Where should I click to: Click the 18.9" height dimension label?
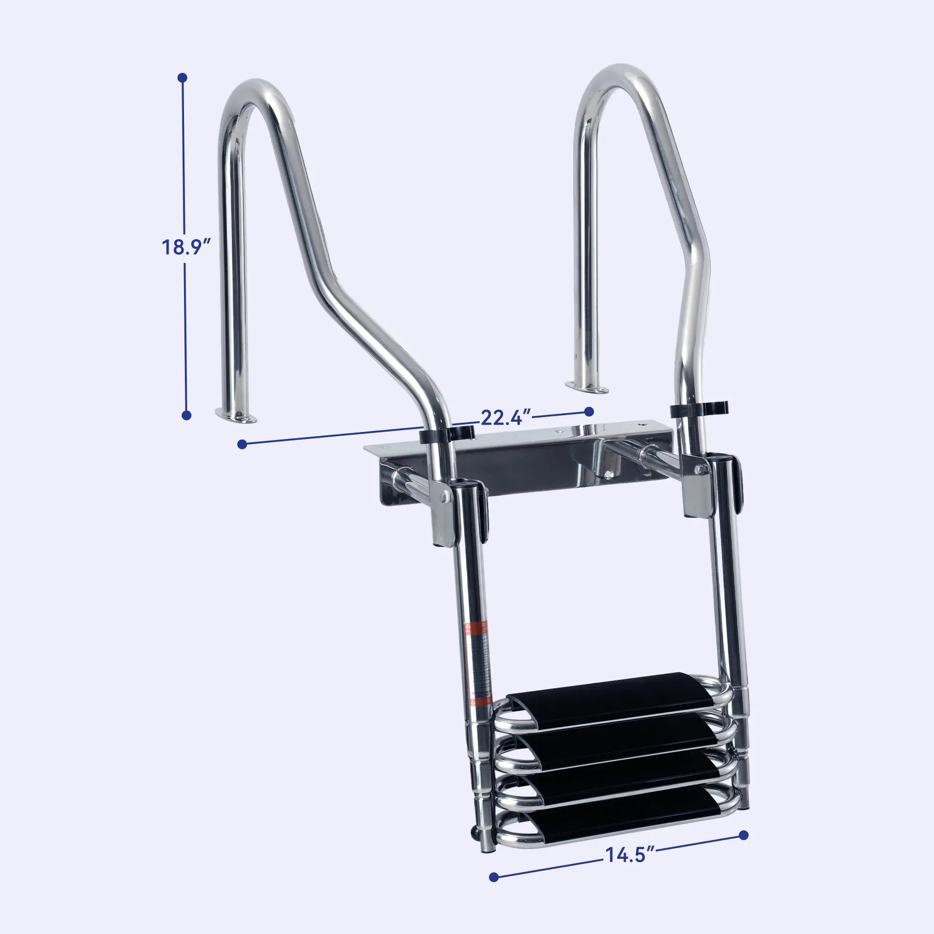[x=187, y=247]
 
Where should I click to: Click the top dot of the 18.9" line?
[x=182, y=78]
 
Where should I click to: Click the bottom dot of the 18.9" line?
[x=187, y=415]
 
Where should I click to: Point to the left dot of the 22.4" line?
[x=243, y=444]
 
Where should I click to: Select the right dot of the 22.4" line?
[x=589, y=411]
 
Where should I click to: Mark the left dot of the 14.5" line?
[x=494, y=877]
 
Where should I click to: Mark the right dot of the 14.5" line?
[x=744, y=835]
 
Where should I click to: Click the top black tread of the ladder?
[x=609, y=695]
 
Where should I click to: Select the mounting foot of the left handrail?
[x=236, y=416]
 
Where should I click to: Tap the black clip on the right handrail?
[x=699, y=409]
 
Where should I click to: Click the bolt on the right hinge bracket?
[x=701, y=468]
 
